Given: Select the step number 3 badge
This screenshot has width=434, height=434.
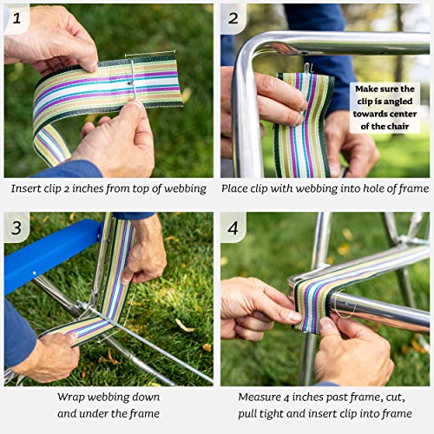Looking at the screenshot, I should click(x=16, y=227).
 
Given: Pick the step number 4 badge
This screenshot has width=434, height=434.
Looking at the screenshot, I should click(x=233, y=227).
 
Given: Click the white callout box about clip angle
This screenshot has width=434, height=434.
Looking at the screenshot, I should click(x=385, y=108).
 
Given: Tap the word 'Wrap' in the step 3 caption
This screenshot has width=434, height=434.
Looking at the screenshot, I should click(x=74, y=398).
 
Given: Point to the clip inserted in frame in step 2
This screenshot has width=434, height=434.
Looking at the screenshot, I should click(x=306, y=67).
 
